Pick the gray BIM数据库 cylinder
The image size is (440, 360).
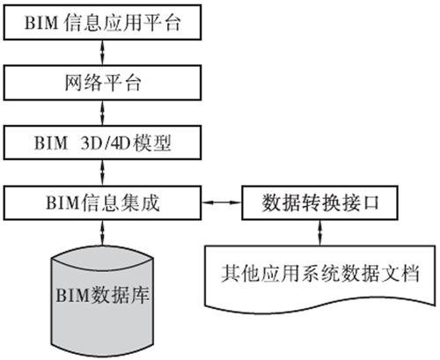102,301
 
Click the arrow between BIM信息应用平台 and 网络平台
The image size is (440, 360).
102,53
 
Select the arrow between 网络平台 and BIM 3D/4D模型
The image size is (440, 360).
102,113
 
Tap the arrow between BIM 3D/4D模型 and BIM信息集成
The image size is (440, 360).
102,173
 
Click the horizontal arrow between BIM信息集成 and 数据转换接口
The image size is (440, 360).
222,202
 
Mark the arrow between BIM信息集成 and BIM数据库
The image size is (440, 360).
102,233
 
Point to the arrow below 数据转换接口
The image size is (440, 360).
320,233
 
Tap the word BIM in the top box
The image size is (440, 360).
41,23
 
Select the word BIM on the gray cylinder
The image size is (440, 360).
72,295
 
